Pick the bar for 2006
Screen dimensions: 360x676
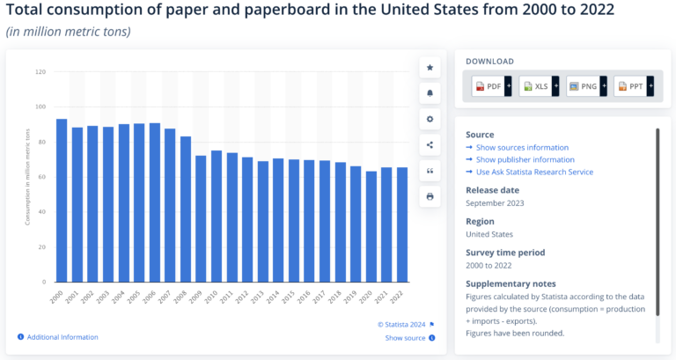[x=155, y=202]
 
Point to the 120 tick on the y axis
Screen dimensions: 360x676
[x=40, y=71]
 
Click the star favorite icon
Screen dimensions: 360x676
[x=430, y=67]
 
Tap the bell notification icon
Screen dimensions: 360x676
[x=430, y=92]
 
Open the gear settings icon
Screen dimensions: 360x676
[x=430, y=119]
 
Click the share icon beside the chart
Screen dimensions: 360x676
[x=430, y=144]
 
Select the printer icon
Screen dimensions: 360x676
[x=430, y=196]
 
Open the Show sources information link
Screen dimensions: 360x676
[x=522, y=147]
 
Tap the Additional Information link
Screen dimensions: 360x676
[x=62, y=337]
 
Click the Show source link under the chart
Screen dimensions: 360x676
[x=405, y=337]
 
